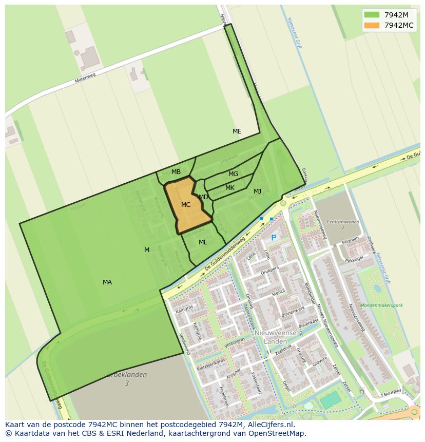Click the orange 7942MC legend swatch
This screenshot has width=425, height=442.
[x=372, y=25]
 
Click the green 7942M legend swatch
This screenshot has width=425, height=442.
[x=372, y=14]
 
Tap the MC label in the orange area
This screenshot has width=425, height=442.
[x=186, y=205]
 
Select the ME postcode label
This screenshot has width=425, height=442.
[x=237, y=131]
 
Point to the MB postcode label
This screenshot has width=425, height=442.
[x=176, y=172]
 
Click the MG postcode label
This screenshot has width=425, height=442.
[x=233, y=174]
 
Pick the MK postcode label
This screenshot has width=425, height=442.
[x=230, y=188]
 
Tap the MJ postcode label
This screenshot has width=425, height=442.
[x=257, y=191]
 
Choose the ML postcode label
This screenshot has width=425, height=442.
[x=203, y=242]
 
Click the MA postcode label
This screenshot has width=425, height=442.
[x=107, y=282]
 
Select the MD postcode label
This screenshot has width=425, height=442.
[x=203, y=197]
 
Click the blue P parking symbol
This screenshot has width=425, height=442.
[x=274, y=238]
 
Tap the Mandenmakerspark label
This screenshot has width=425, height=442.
[x=381, y=305]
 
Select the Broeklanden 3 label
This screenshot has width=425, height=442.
[x=127, y=379]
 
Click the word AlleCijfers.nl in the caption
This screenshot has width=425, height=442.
[x=275, y=425]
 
